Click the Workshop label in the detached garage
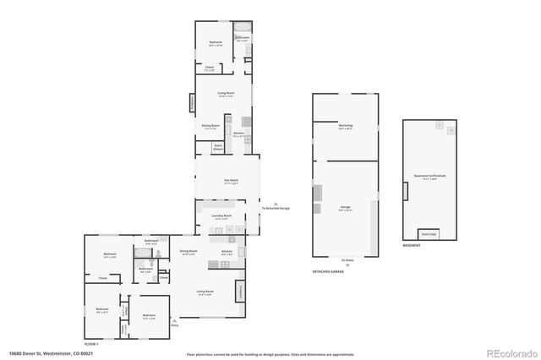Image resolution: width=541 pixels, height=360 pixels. pyautogui.click(x=345, y=126)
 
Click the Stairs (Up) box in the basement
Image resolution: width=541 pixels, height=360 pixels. pyautogui.click(x=429, y=234)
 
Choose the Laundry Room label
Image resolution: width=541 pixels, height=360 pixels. pyautogui.click(x=221, y=216)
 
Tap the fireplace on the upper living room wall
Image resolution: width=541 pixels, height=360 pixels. pyautogui.click(x=193, y=102)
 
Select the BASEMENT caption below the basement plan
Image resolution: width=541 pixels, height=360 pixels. pyautogui.click(x=412, y=247)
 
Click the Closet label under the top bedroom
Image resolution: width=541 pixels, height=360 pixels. pyautogui.click(x=210, y=67)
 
